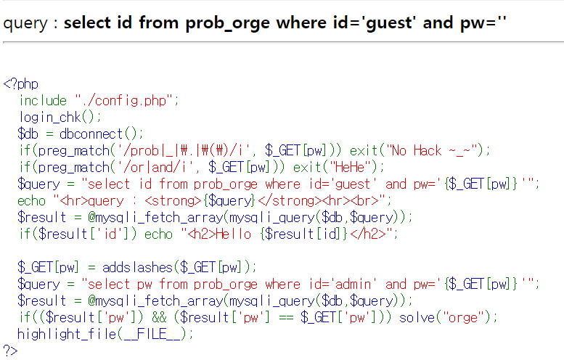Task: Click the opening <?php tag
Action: (20, 84)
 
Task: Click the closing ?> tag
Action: (10, 351)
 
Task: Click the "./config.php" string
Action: (126, 101)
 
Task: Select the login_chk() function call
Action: (60, 118)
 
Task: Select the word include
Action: (44, 101)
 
